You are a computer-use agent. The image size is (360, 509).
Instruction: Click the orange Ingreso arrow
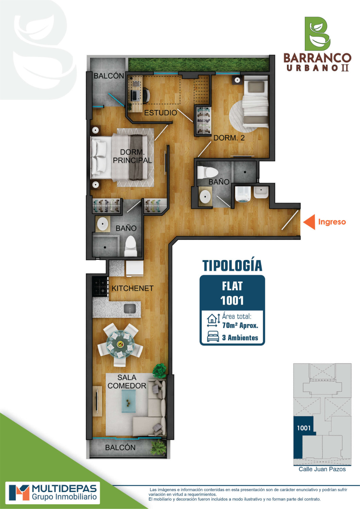click(x=309, y=222)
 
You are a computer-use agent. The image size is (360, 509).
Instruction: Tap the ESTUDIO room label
click(x=160, y=113)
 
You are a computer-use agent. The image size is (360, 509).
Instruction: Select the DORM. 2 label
click(x=229, y=138)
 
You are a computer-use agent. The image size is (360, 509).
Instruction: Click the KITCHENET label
click(x=132, y=288)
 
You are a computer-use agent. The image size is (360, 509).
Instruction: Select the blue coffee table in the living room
click(x=129, y=401)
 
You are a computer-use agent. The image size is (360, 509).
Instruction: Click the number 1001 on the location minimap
click(x=304, y=428)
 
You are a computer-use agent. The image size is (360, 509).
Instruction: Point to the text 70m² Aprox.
click(x=240, y=325)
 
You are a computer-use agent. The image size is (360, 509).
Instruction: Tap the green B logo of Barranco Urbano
click(x=317, y=34)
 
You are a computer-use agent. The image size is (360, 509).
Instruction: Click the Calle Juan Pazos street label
click(x=322, y=469)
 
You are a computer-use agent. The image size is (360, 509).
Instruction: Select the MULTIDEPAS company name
click(x=65, y=489)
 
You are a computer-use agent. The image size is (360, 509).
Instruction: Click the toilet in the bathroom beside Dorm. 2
click(x=208, y=173)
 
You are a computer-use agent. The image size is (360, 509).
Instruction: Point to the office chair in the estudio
click(x=146, y=95)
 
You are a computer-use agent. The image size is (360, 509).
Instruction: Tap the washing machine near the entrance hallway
click(x=243, y=194)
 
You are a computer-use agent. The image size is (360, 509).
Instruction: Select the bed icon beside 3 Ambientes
click(x=213, y=336)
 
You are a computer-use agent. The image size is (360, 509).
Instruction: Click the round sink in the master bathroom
click(x=103, y=224)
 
